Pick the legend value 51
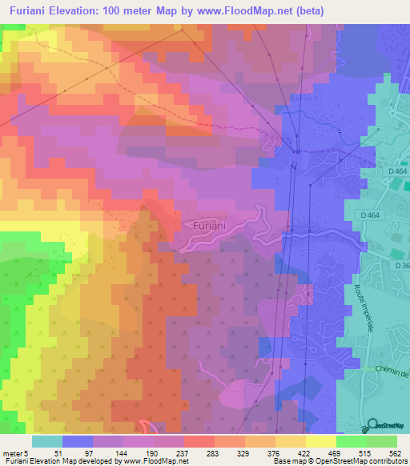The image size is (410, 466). pos(57,453)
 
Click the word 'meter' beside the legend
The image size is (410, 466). pos(12,453)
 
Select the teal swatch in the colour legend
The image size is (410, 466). pos(47,441)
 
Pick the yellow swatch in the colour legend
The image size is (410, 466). pos(321,441)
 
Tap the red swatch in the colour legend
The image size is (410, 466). pos(199,441)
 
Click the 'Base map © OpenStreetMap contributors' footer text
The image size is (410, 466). pos(340,461)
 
